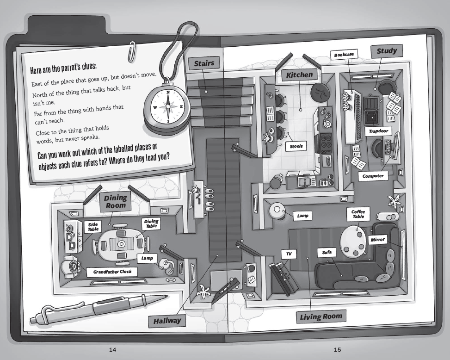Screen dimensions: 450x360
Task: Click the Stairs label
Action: click(x=204, y=63)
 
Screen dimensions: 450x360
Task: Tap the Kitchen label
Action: click(x=299, y=75)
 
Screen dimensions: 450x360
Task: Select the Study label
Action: click(x=387, y=51)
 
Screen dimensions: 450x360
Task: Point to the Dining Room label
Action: click(x=115, y=202)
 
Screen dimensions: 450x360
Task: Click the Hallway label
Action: click(x=167, y=321)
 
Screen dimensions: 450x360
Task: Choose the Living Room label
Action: click(x=321, y=317)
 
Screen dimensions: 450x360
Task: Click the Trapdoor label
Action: click(x=378, y=131)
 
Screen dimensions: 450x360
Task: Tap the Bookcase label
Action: click(x=344, y=55)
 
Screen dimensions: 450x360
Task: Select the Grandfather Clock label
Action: click(x=112, y=272)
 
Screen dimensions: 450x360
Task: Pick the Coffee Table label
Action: click(x=358, y=214)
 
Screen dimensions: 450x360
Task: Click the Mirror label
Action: click(x=377, y=240)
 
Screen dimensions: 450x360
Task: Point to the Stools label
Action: click(x=296, y=146)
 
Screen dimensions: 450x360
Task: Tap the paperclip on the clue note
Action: click(x=131, y=52)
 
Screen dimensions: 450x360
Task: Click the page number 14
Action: click(x=112, y=350)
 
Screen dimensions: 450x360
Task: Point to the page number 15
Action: click(x=337, y=350)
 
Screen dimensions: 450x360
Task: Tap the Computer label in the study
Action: click(x=373, y=176)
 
